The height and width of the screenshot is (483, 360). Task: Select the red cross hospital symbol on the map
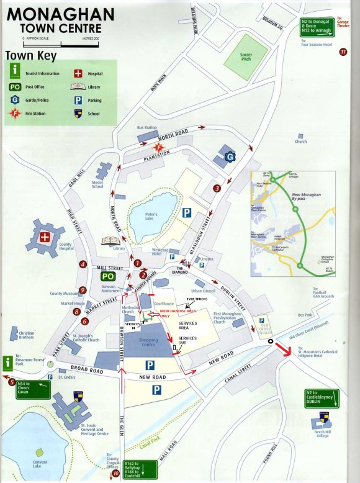coord(45,237)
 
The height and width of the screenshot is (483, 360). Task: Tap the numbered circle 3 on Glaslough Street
coord(217,188)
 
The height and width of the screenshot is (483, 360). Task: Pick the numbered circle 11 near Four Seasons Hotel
coord(343,52)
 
